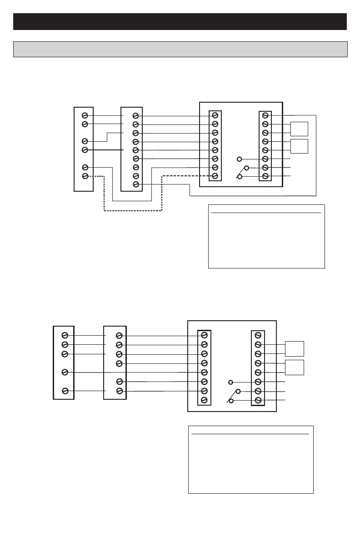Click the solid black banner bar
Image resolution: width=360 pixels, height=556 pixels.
pos(180,21)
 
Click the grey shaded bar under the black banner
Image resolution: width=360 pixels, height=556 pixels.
pos(180,49)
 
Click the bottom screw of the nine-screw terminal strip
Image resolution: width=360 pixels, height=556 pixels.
pos(135,184)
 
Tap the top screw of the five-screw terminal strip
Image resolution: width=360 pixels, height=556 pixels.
pos(65,335)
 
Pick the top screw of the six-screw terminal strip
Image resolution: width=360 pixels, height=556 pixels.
pos(85,115)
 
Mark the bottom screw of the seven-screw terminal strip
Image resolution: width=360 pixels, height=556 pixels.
pos(120,391)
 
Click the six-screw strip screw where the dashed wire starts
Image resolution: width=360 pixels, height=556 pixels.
pos(85,176)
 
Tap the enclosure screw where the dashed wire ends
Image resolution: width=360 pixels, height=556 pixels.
pos(215,176)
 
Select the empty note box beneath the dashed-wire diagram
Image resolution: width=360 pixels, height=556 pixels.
pos(266,236)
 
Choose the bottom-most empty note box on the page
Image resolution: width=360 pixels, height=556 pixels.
pos(251,459)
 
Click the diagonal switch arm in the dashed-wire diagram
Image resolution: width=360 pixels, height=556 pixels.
pos(240,173)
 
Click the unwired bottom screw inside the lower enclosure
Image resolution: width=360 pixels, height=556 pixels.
pos(204,400)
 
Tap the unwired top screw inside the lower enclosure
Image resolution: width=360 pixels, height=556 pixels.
pos(258,335)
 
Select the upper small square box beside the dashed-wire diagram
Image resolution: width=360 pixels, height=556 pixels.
pos(300,129)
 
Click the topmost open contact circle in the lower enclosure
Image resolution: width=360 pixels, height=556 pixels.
pos(231,382)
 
